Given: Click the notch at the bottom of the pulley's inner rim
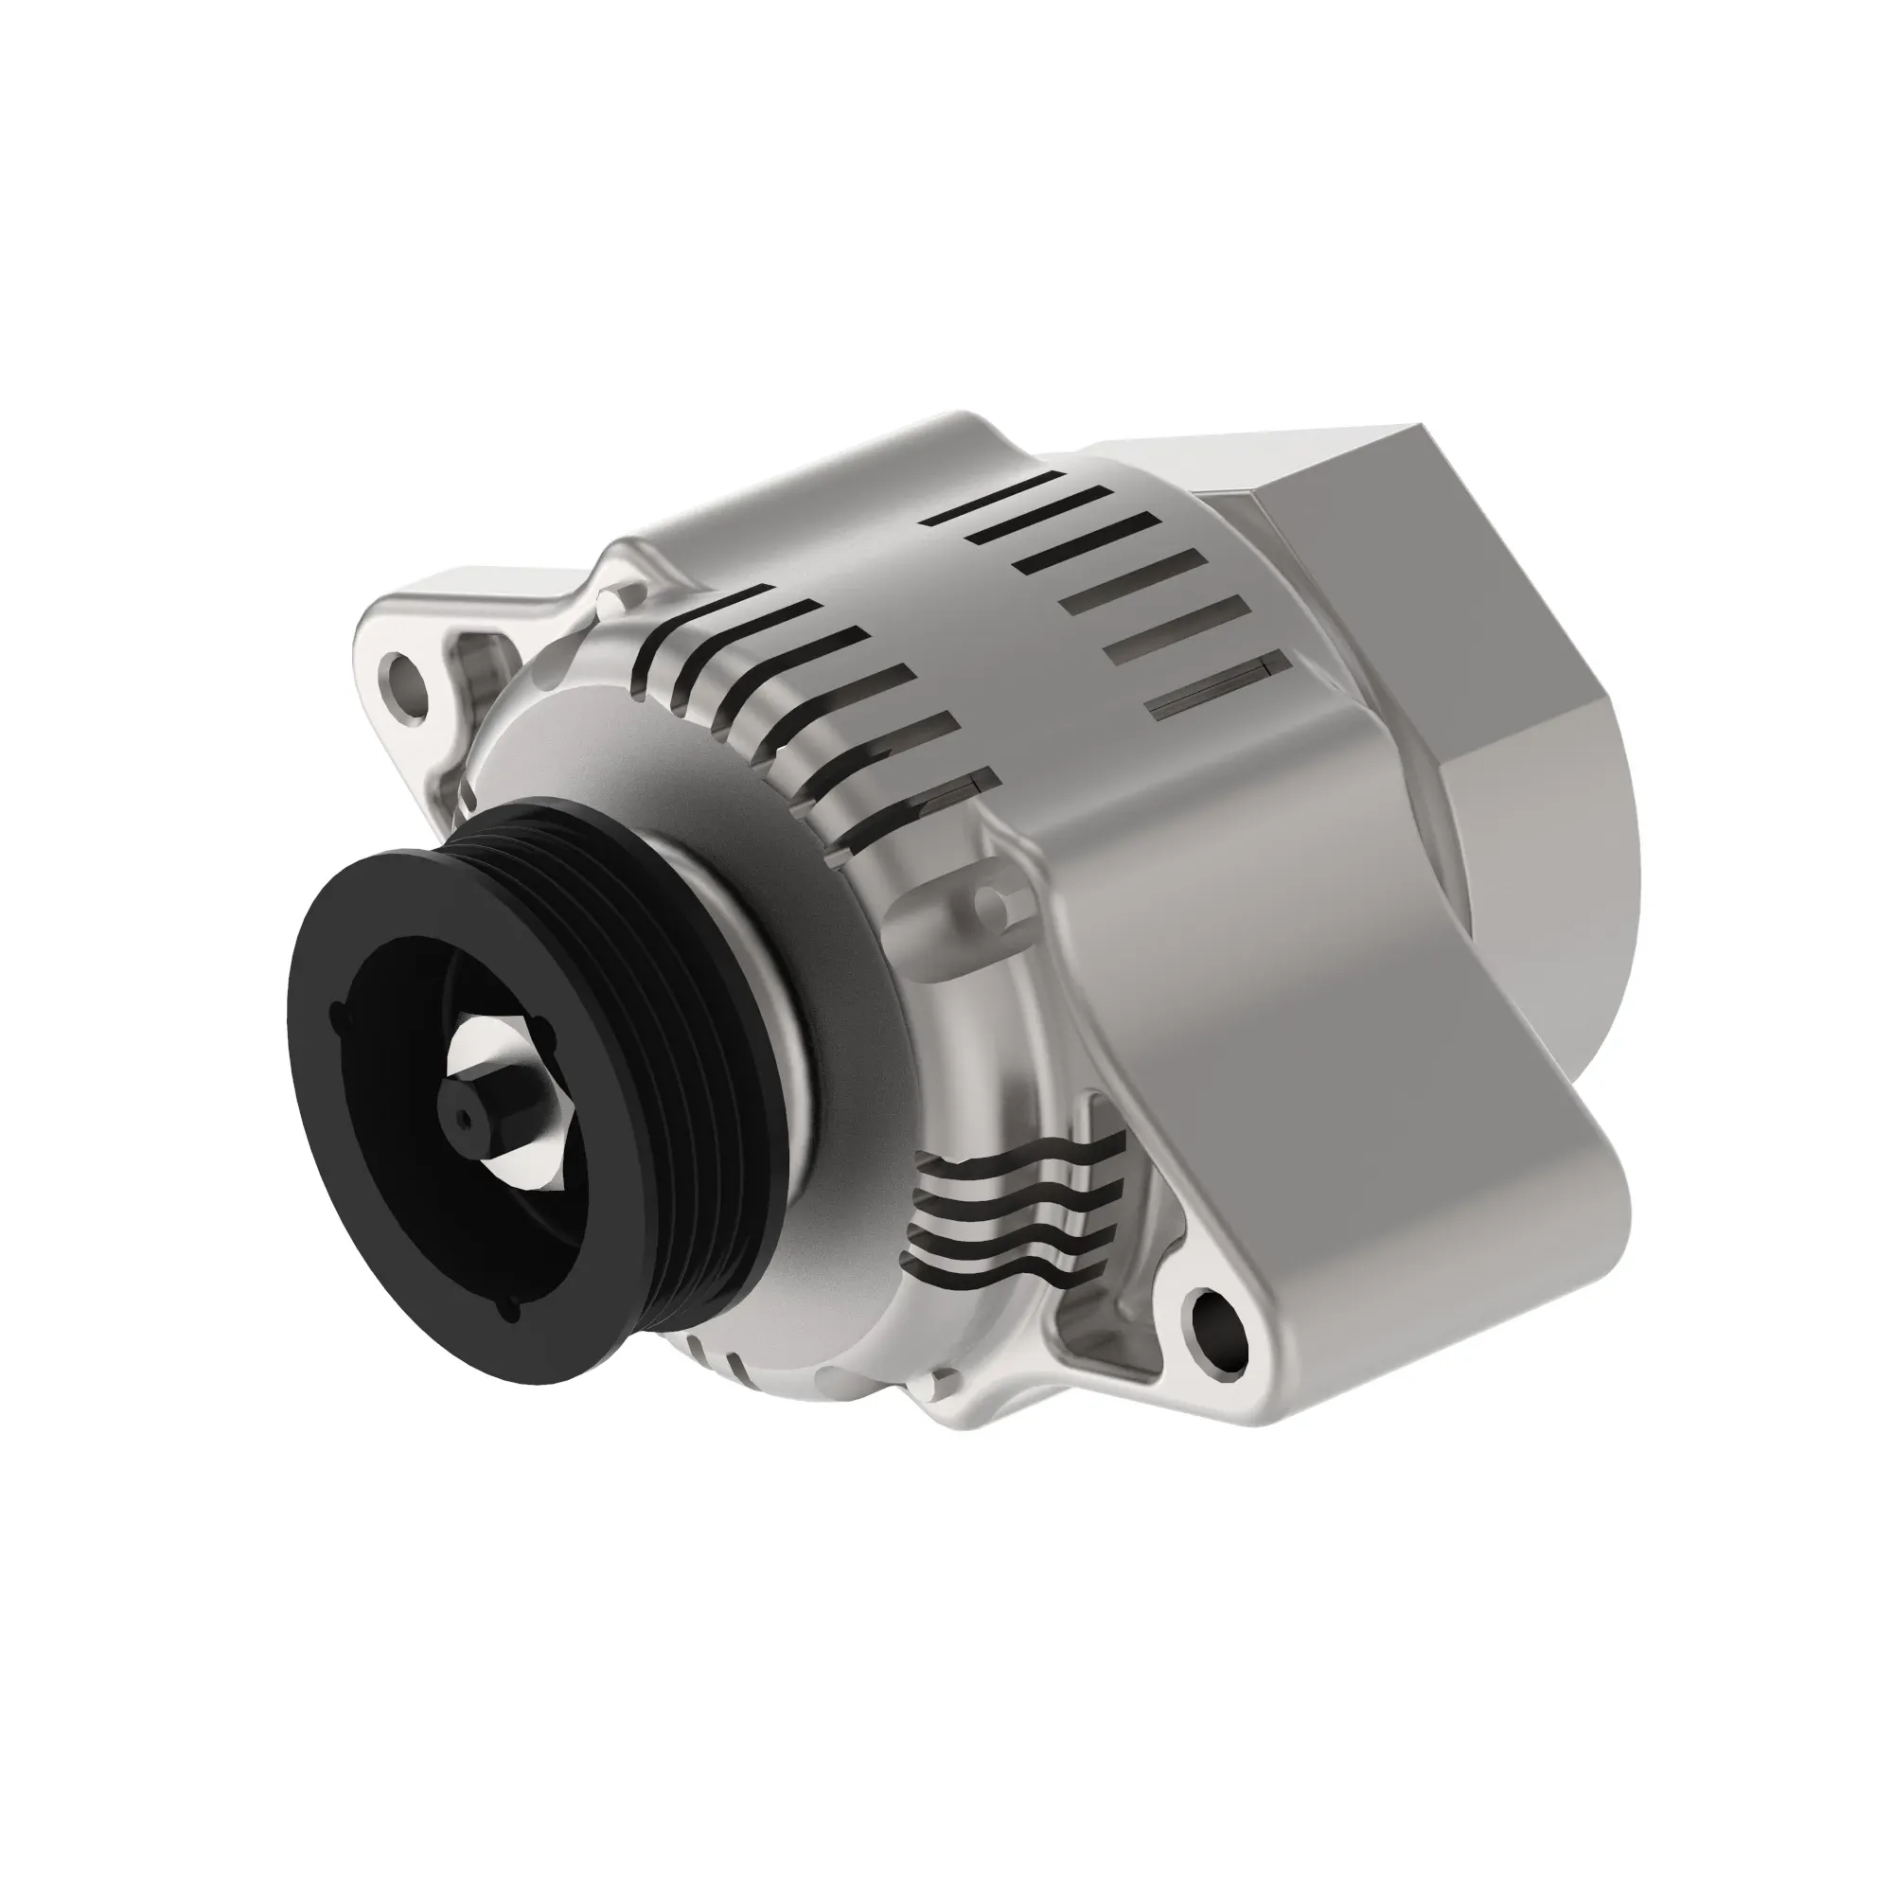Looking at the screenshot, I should point(510,1311).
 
